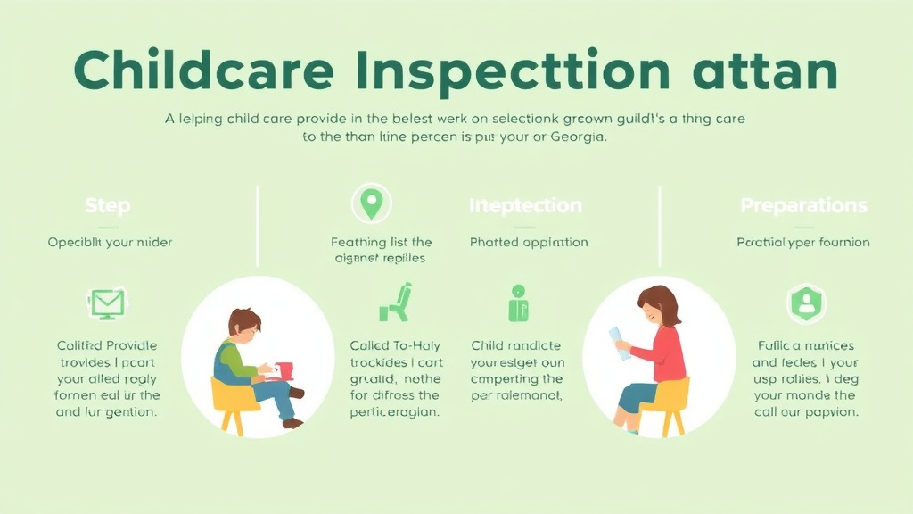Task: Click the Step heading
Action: tap(107, 206)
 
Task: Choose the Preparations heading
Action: tap(803, 206)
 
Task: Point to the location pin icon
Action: tap(370, 203)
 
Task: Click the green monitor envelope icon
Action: tap(107, 303)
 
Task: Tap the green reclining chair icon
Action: tap(395, 303)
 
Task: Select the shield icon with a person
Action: tap(806, 303)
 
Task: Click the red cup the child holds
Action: tap(284, 370)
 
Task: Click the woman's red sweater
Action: tap(667, 353)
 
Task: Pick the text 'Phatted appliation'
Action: tap(529, 242)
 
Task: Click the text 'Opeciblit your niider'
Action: tap(110, 242)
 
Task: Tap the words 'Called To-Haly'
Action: tap(396, 346)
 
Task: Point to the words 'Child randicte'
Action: tap(516, 346)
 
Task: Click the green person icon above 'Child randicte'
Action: tap(518, 303)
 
